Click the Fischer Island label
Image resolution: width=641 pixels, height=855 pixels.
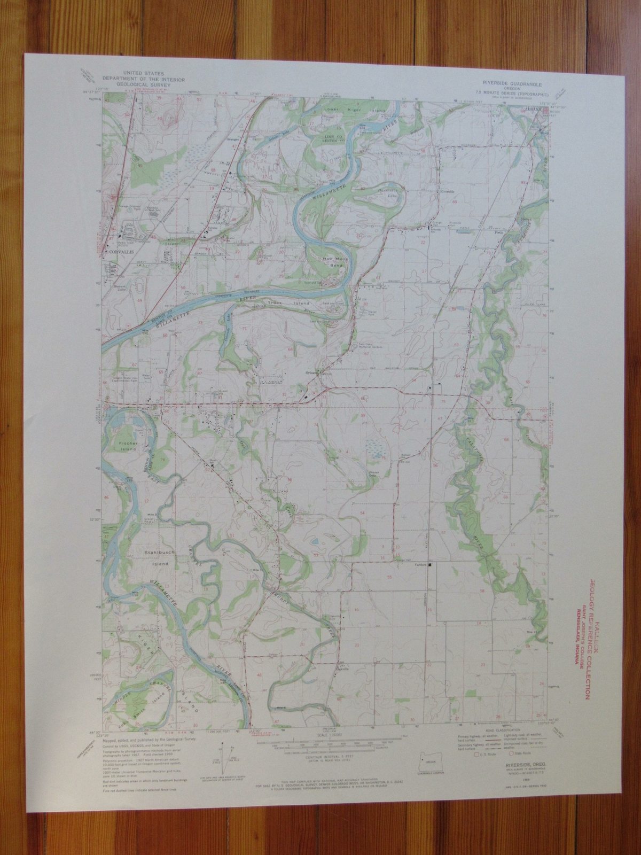129,446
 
